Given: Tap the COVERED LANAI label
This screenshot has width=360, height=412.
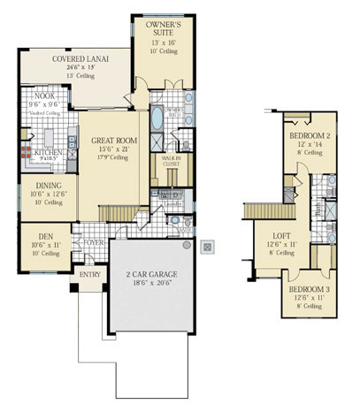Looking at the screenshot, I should point(80,59).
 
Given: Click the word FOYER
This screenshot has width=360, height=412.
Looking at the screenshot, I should point(94,240).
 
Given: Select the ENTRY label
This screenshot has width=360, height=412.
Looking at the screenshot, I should point(91,274).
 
